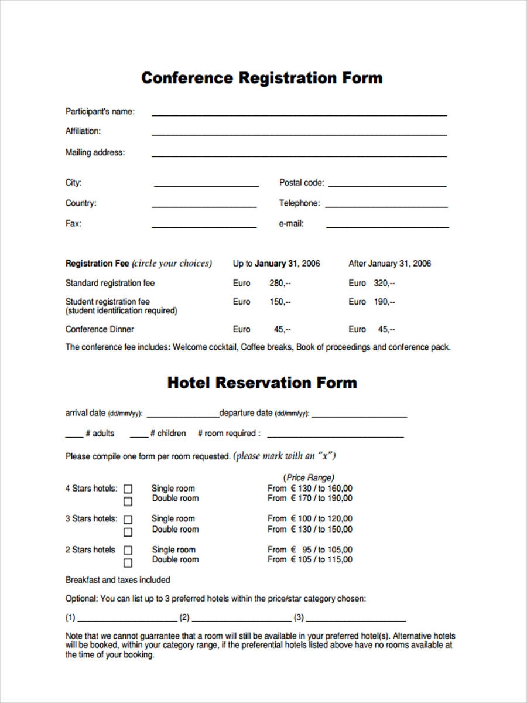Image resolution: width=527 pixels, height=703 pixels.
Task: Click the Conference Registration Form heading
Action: point(262,78)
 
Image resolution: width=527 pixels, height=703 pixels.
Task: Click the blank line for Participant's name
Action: point(299,114)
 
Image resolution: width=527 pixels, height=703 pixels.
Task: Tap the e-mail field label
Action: point(291,223)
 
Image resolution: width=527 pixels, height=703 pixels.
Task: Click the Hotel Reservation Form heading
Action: point(262,383)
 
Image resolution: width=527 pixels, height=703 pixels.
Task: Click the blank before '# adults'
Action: point(74,436)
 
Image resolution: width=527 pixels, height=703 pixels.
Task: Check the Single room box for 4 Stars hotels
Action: point(128,489)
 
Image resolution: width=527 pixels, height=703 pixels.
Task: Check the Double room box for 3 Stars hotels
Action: point(128,532)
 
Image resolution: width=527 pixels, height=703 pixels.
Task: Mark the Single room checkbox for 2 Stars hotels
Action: point(128,550)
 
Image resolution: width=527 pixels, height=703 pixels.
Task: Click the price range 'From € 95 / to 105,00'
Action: point(310,550)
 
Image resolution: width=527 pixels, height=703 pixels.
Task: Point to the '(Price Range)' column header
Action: point(309,477)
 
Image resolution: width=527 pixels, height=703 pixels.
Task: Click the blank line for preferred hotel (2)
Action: point(242,619)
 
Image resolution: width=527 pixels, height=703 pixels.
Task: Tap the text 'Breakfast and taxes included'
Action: point(118,580)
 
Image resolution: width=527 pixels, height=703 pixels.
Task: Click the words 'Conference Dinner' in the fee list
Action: point(100,329)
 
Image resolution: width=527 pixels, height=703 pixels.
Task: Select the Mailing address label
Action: point(95,152)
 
